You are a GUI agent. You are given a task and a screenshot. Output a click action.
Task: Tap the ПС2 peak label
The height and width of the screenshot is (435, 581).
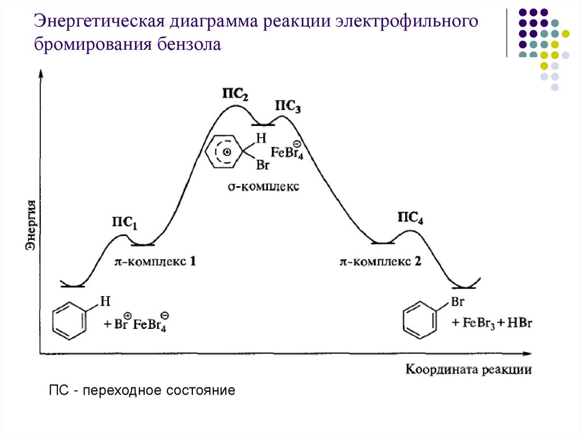click(234, 95)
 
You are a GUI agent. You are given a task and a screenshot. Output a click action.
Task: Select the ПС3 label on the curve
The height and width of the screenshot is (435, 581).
click(288, 106)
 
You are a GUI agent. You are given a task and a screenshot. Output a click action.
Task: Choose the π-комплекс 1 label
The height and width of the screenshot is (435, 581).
click(155, 262)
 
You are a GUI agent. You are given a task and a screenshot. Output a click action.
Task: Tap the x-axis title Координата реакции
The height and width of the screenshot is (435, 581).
click(469, 370)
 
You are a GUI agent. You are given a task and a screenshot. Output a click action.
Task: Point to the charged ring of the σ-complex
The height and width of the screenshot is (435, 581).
click(225, 151)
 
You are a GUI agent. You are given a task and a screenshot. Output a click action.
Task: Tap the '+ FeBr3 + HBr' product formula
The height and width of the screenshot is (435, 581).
click(491, 323)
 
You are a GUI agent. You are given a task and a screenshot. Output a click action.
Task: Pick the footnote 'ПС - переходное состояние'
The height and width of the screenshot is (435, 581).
click(142, 391)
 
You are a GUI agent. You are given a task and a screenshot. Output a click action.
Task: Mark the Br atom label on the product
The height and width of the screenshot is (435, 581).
click(457, 302)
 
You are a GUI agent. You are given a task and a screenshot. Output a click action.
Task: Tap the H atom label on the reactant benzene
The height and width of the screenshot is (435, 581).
click(104, 301)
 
